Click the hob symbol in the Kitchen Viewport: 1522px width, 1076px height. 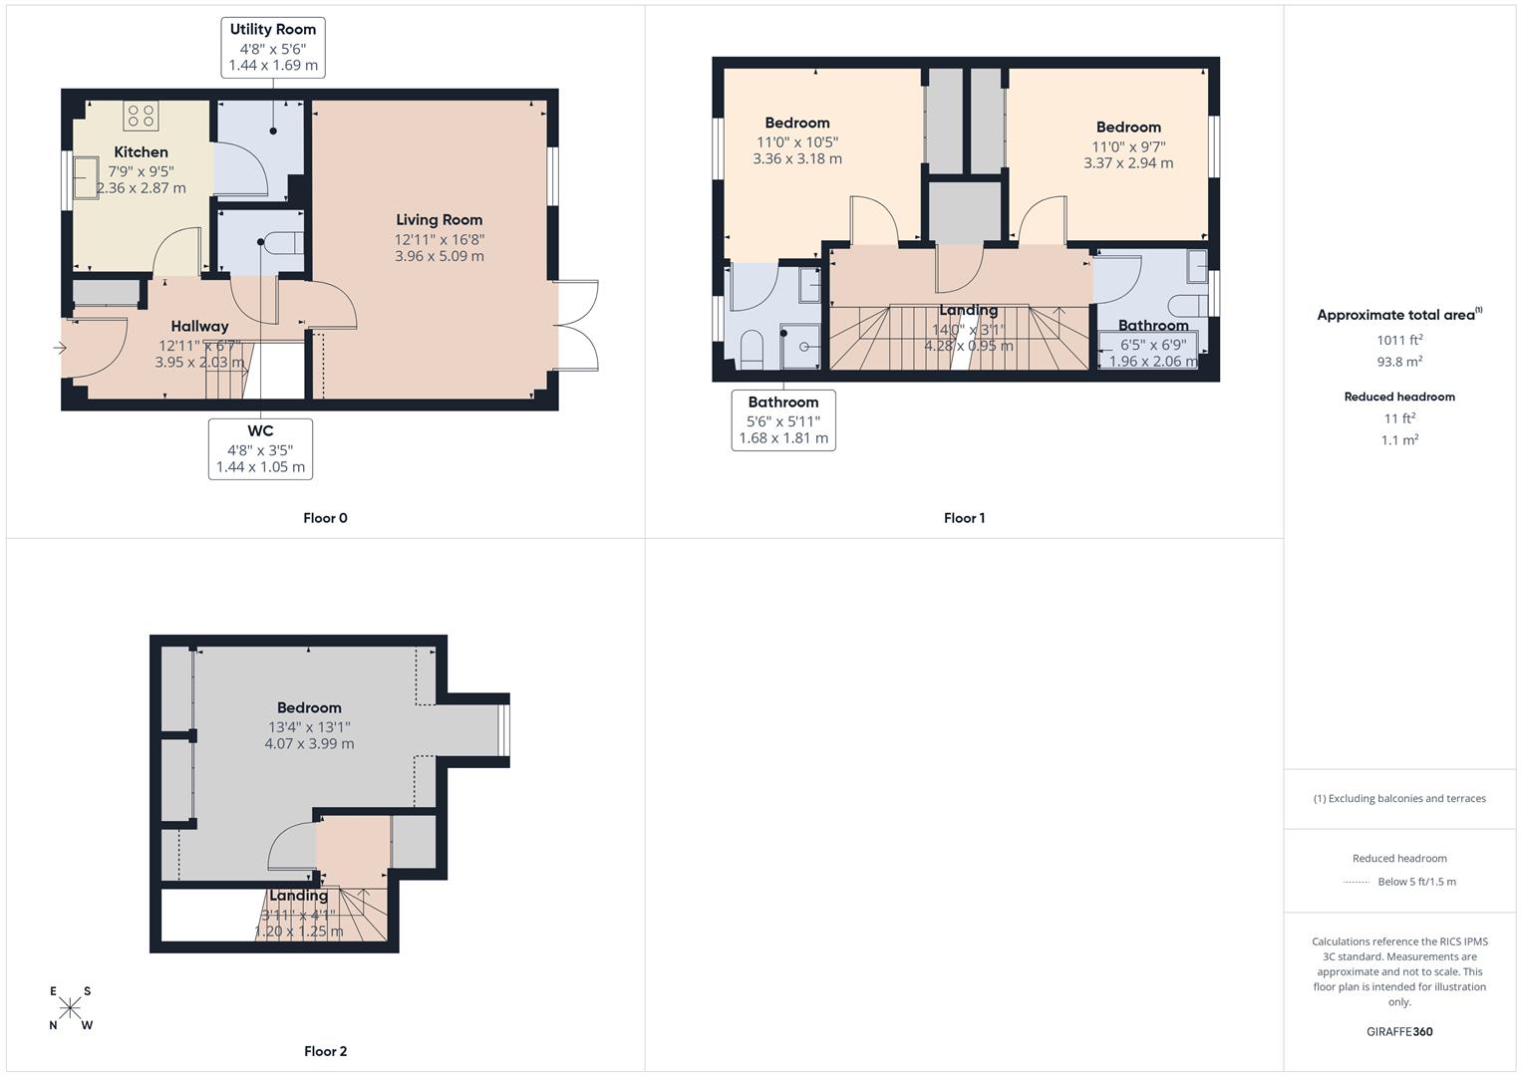(140, 116)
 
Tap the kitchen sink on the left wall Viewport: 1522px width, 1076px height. (85, 177)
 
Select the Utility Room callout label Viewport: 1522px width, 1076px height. (273, 47)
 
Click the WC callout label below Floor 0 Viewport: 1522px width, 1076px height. (260, 448)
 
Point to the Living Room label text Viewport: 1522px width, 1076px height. (439, 220)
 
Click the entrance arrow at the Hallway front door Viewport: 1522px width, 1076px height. (60, 348)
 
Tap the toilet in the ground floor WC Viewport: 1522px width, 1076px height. (287, 242)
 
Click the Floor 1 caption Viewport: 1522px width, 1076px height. (964, 518)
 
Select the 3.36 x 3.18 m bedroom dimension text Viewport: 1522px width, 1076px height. (797, 158)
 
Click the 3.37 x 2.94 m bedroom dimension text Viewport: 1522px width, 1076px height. (1128, 162)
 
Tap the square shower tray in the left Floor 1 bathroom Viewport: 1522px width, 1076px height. (800, 346)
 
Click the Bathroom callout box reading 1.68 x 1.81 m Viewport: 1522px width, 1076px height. (783, 420)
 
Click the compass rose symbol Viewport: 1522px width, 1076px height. (70, 1008)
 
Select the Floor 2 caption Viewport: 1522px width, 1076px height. (325, 1051)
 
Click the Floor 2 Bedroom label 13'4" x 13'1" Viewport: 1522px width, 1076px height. (309, 726)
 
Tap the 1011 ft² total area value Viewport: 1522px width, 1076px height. (1399, 340)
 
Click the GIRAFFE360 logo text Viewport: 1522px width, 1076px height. (1399, 1031)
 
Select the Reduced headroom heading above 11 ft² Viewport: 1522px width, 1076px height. (1399, 397)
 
